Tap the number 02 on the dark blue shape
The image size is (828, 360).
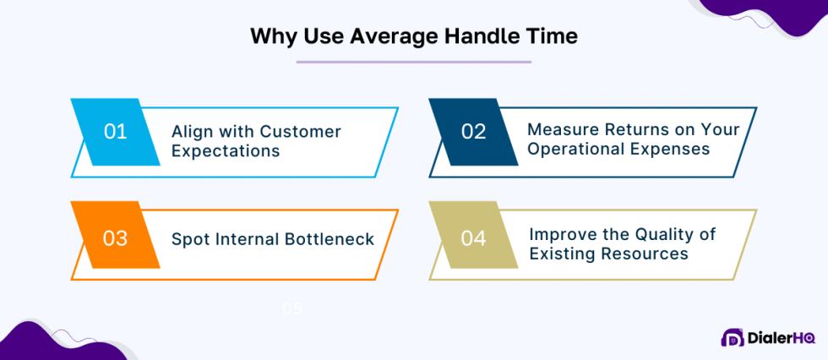(x=473, y=131)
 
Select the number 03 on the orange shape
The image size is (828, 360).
(x=115, y=238)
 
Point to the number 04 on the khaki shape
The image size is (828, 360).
(x=473, y=238)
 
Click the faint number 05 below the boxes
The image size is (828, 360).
(x=292, y=309)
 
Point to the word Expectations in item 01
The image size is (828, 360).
(x=225, y=151)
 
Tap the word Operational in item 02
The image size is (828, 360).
(x=575, y=150)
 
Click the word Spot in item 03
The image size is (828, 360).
(x=188, y=239)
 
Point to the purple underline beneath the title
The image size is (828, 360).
(x=413, y=62)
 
